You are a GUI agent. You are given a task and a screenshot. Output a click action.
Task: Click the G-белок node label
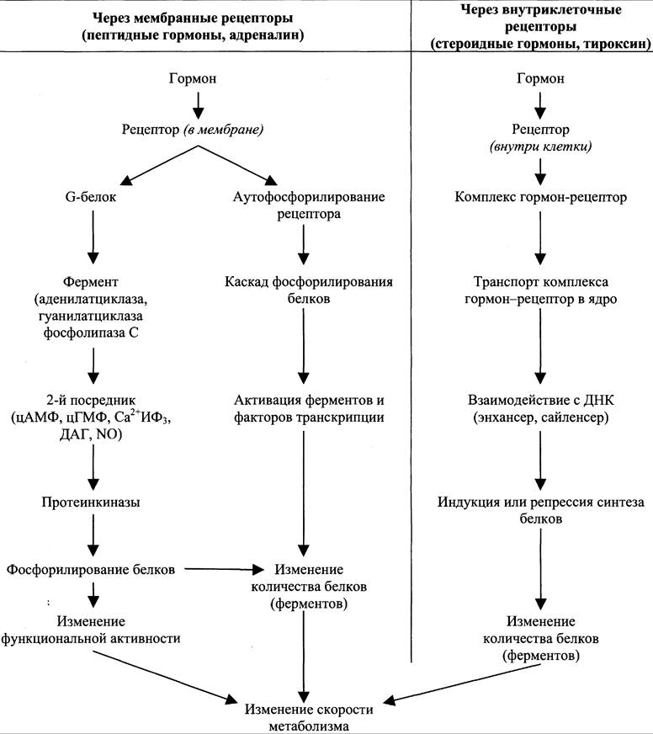(x=90, y=197)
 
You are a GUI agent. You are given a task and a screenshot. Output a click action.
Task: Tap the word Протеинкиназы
(x=91, y=503)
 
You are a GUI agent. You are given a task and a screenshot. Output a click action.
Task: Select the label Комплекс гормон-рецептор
(x=540, y=197)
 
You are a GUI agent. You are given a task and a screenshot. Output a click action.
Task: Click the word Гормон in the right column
(x=540, y=78)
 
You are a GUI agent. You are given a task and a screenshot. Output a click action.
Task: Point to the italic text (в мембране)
(x=223, y=129)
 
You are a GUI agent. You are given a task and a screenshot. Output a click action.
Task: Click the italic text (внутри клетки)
(x=540, y=146)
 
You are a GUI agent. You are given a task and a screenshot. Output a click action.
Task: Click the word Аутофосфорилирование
(x=309, y=197)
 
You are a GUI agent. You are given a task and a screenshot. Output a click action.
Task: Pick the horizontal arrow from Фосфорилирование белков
(x=225, y=569)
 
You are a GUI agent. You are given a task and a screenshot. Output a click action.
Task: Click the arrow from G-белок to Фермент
(x=93, y=237)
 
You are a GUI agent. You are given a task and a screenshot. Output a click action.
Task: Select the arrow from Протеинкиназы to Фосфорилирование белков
(x=93, y=535)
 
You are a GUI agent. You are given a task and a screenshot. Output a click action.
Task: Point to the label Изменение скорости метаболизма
(x=309, y=717)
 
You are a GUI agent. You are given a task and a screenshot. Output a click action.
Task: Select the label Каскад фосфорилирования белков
(x=309, y=290)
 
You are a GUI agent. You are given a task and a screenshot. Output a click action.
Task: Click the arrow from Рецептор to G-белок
(x=159, y=165)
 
